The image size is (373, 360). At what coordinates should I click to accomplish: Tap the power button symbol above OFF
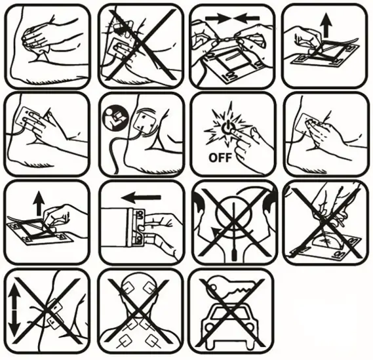point(227,127)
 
